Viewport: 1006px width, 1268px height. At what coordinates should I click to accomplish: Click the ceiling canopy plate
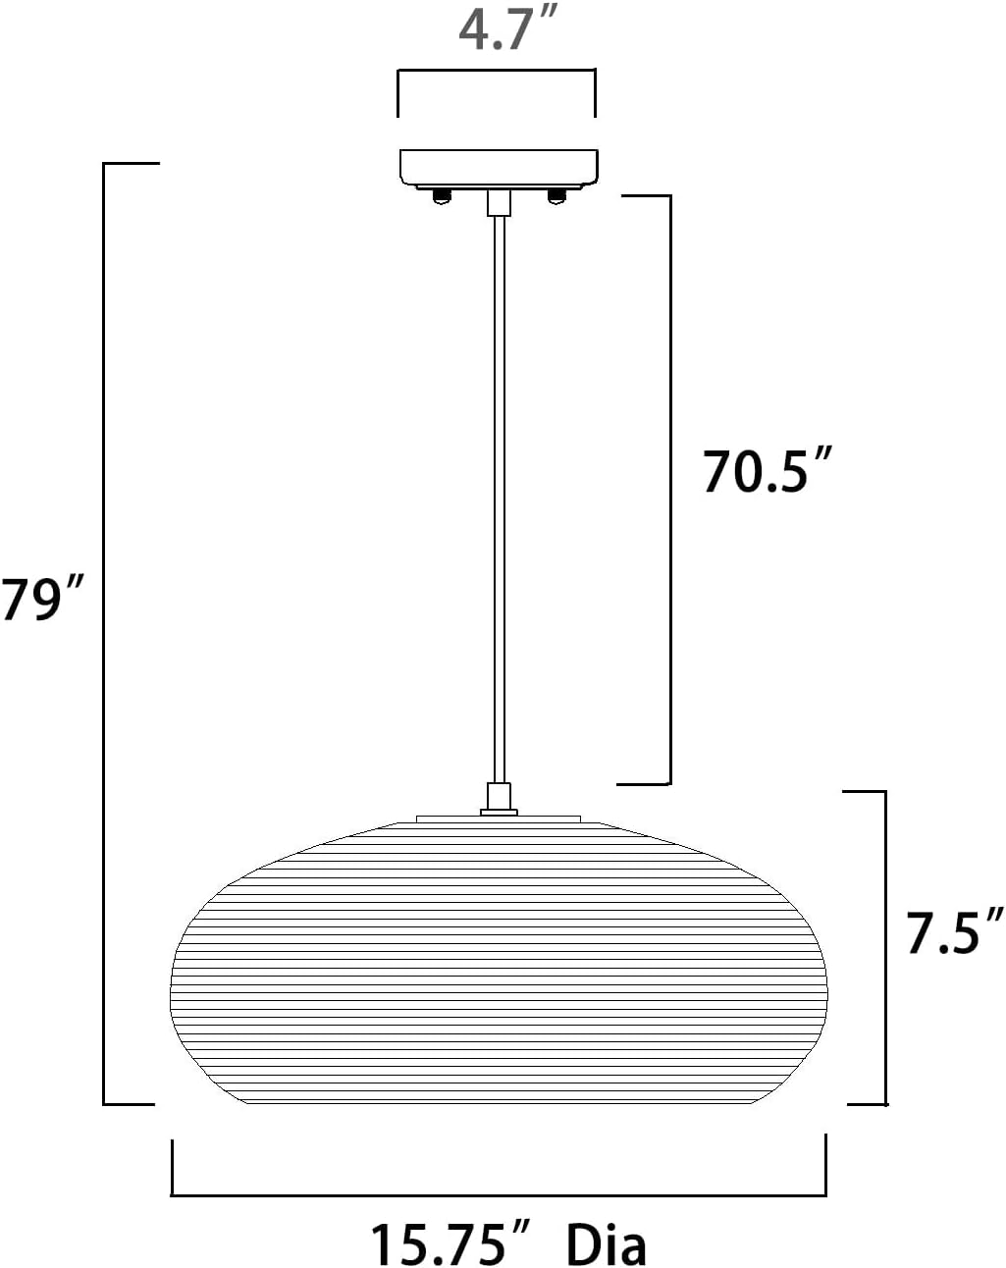[499, 169]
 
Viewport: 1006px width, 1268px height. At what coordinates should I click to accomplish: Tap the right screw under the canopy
[556, 196]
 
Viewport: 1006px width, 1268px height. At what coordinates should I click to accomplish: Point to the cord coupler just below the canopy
[499, 203]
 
